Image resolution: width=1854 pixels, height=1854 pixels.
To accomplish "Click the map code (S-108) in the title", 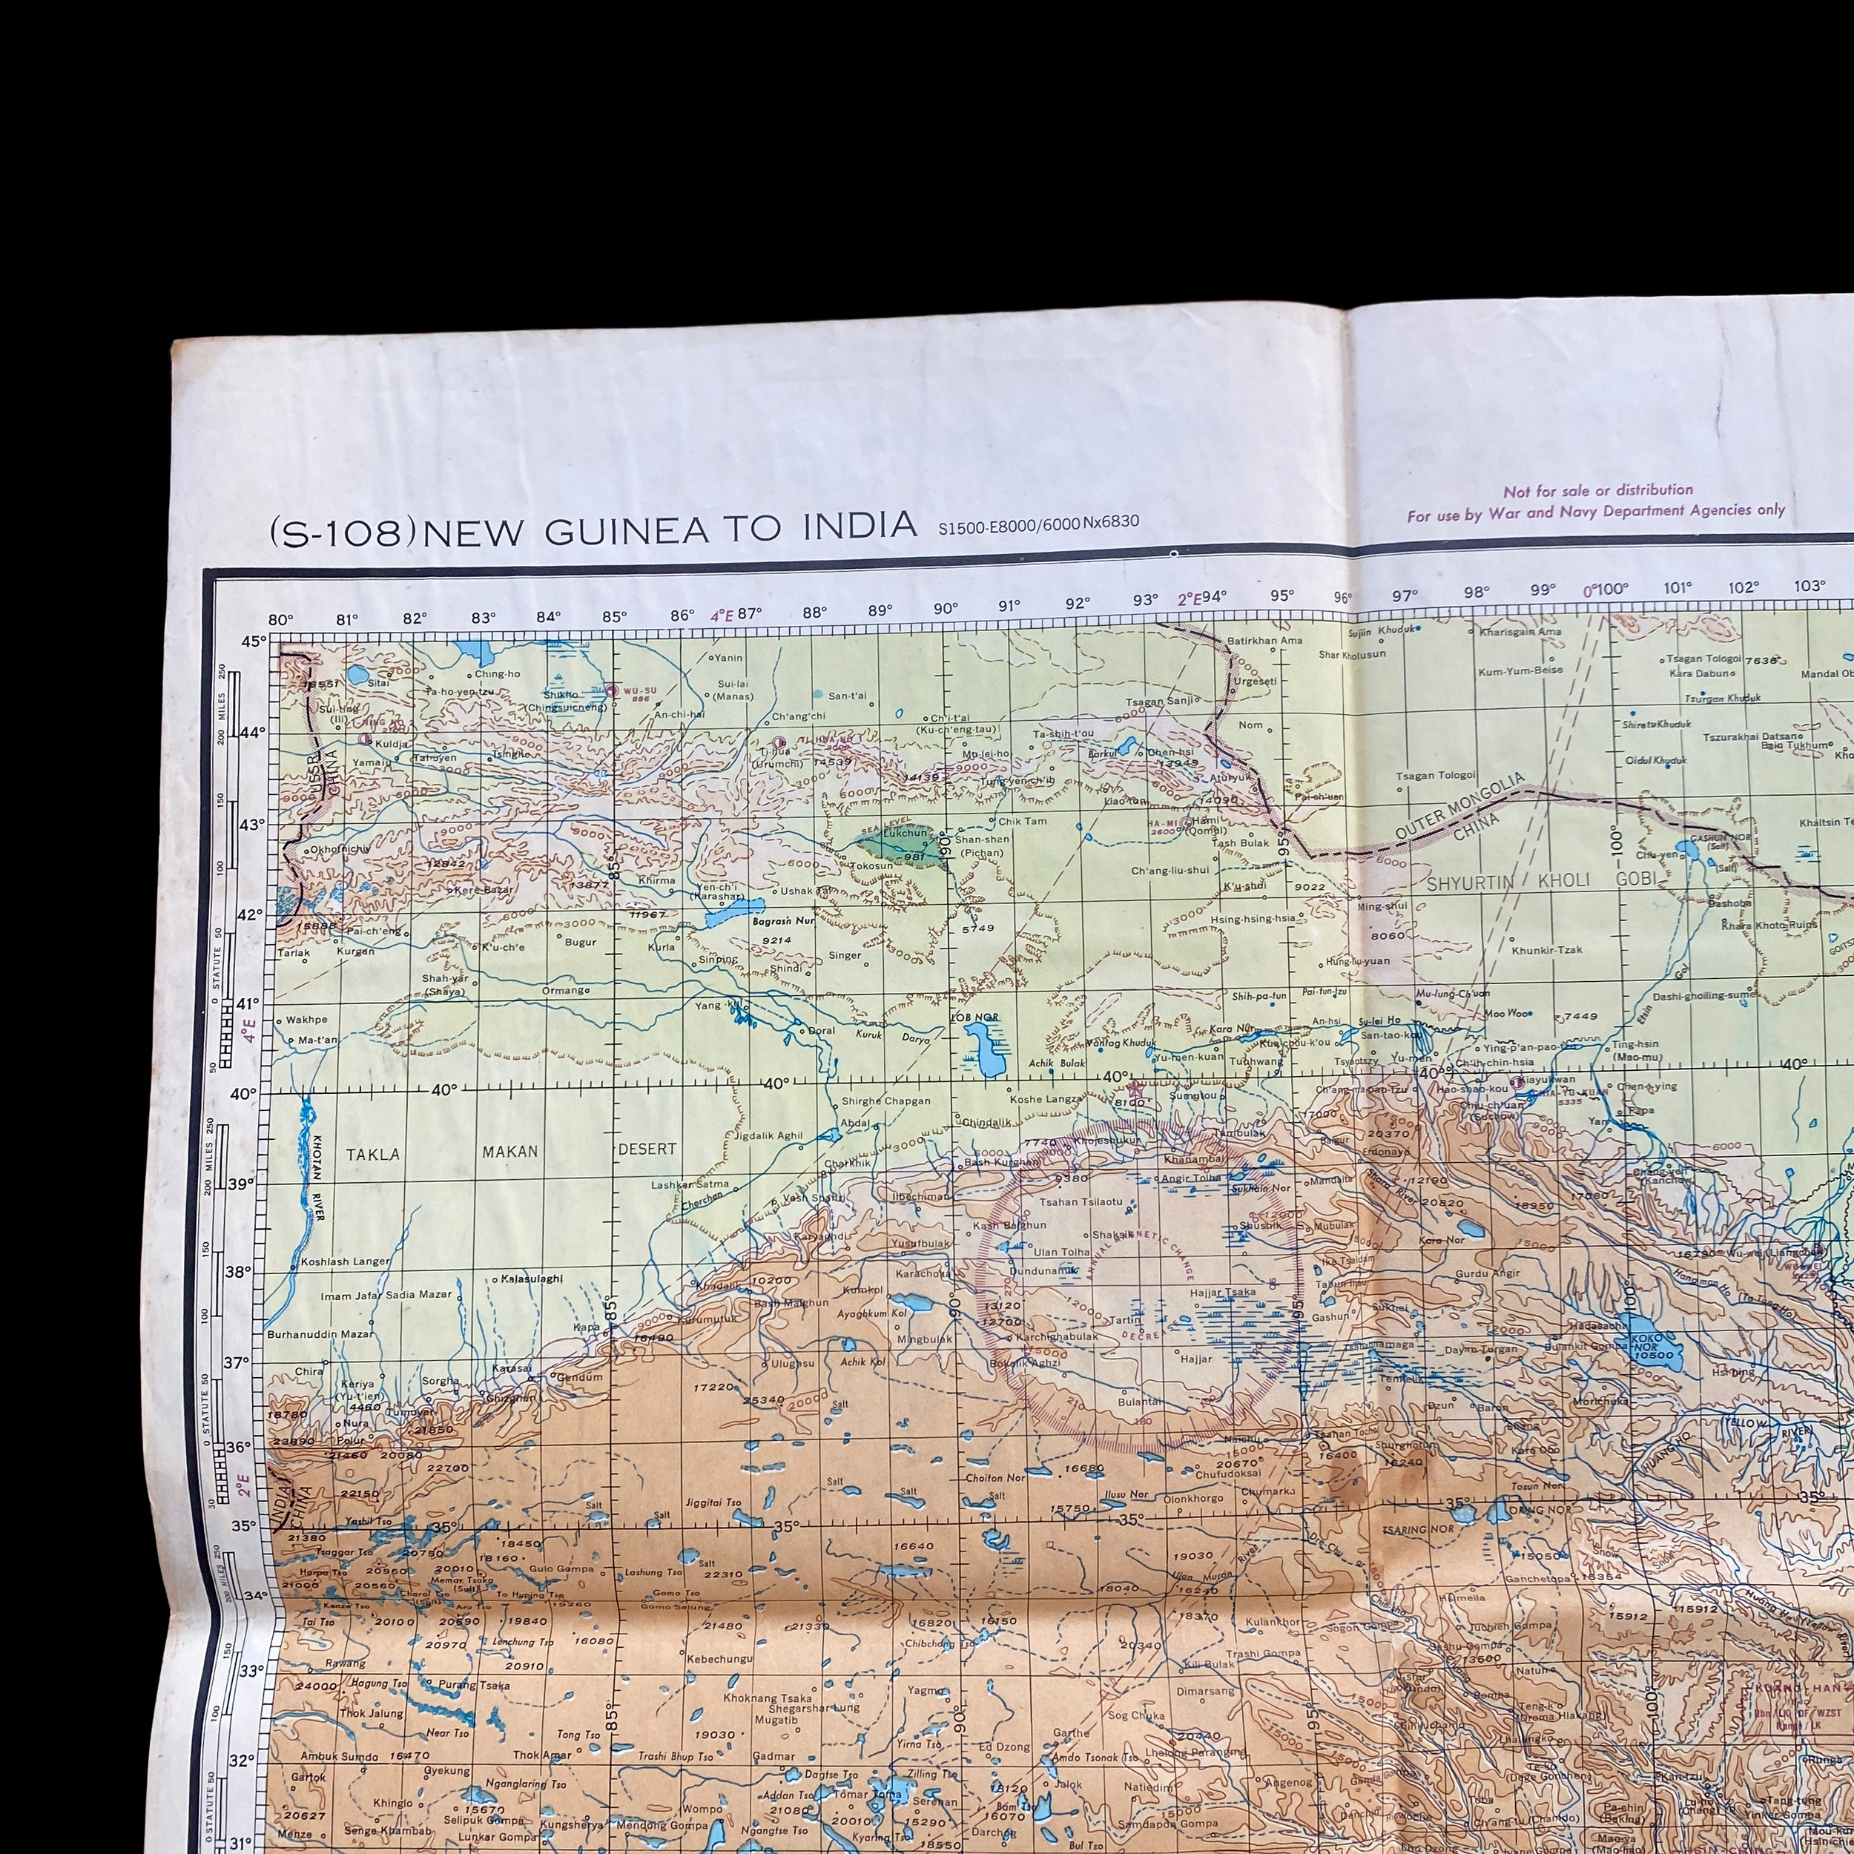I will (343, 532).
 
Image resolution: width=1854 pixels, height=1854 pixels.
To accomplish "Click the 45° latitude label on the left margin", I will (254, 641).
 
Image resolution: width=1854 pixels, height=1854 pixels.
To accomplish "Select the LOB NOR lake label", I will (974, 1016).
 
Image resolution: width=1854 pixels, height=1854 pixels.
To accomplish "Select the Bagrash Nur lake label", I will (783, 921).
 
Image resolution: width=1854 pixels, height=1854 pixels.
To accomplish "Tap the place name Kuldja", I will (391, 744).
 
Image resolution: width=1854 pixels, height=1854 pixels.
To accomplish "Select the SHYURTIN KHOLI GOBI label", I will (1541, 880).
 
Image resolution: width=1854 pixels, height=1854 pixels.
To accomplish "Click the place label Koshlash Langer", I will (345, 1261).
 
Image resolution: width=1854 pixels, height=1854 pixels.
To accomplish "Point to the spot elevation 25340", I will (763, 1400).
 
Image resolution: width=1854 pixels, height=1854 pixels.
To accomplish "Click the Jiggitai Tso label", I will (713, 1502).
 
